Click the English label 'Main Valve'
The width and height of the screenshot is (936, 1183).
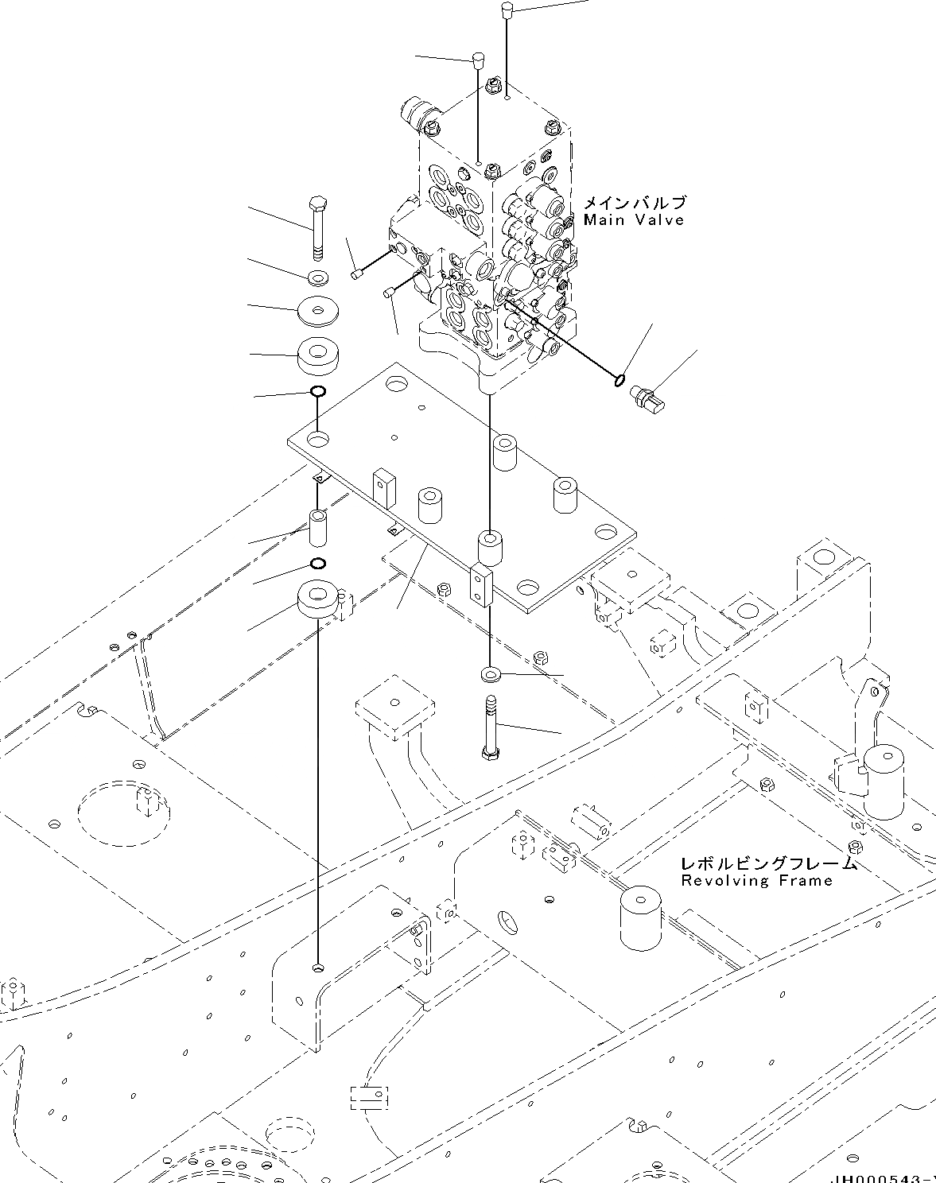(x=633, y=220)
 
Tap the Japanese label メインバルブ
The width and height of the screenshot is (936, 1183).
(x=633, y=203)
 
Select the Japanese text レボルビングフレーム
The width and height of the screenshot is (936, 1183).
(x=768, y=863)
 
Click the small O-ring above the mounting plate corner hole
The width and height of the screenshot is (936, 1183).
(x=317, y=391)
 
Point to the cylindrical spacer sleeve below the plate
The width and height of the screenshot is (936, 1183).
(x=318, y=529)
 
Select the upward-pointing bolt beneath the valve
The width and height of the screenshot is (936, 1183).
(x=491, y=728)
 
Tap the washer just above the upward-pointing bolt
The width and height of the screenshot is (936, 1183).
(x=490, y=675)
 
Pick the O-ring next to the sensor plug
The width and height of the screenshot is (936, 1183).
(x=619, y=381)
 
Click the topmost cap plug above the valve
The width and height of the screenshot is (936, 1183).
(x=506, y=10)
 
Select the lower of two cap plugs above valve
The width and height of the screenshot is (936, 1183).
(x=478, y=60)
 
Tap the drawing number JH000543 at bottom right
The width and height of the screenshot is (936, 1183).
(x=883, y=1177)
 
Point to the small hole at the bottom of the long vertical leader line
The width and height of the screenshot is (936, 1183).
(x=318, y=968)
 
